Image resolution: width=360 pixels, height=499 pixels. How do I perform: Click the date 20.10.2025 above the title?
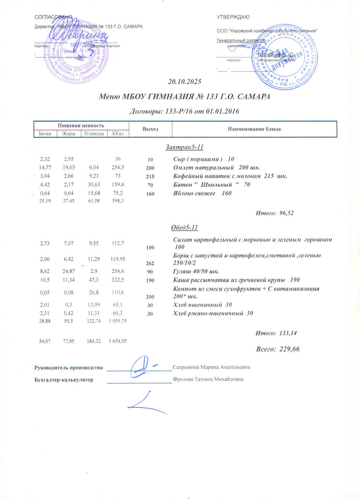pos(185,82)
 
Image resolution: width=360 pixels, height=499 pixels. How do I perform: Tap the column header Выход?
pos(150,129)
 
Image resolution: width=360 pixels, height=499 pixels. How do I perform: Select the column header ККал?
pos(118,133)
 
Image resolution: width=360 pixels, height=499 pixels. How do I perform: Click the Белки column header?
pos(45,133)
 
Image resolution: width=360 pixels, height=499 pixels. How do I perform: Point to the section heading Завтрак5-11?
pos(185,147)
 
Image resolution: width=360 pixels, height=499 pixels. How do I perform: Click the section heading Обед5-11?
pos(184,228)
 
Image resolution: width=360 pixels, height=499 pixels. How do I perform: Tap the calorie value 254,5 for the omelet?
pos(118,167)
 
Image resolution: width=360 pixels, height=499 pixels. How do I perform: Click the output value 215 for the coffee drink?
pos(150,177)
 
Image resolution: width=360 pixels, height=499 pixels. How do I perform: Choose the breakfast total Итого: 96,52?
pos(274,213)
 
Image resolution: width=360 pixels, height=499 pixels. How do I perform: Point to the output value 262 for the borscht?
pos(150,263)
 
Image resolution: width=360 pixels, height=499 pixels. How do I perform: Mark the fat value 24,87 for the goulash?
pos(69,271)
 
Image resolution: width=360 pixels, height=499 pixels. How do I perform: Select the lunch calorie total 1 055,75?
pos(118,321)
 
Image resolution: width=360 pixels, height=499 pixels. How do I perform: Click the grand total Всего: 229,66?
pos(278,349)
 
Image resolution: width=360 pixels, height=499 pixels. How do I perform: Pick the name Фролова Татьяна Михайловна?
pos(208,379)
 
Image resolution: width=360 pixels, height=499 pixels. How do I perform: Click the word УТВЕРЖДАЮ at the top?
pos(233,17)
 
